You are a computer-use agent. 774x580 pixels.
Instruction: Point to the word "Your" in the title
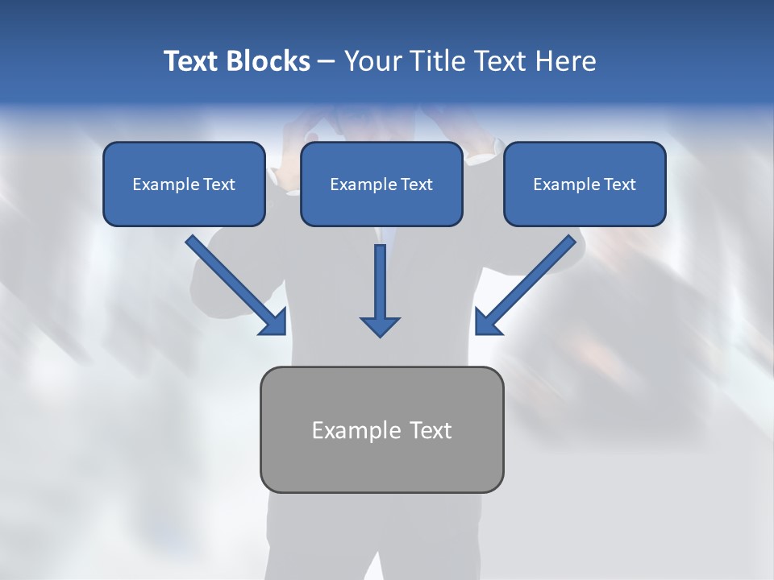(372, 61)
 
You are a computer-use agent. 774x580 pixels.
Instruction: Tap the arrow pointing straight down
(380, 286)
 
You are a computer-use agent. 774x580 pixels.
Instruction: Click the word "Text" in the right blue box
(619, 184)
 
